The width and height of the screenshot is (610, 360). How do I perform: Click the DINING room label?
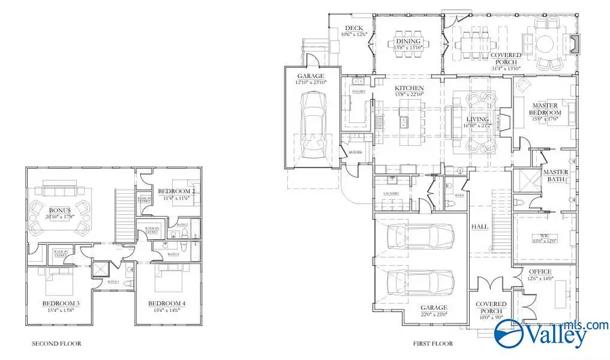[408, 41]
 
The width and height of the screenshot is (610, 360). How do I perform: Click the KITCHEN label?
[409, 89]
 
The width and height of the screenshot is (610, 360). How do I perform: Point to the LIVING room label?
[476, 119]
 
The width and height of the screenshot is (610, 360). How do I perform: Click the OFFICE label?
[540, 272]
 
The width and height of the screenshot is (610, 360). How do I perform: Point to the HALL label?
[480, 227]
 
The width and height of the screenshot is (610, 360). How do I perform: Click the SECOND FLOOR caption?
[57, 344]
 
